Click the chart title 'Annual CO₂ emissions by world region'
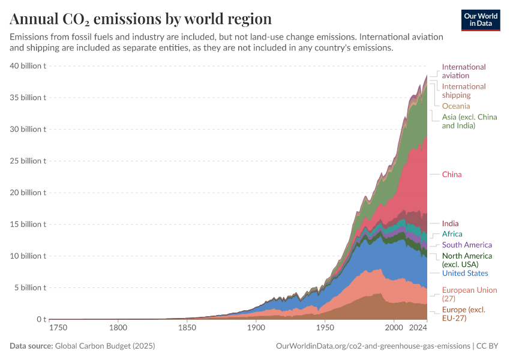[140, 18]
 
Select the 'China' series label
[452, 175]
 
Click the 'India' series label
[450, 224]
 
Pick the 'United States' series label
[465, 274]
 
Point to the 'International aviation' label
[463, 71]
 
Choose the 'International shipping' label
[463, 91]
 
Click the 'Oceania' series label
[456, 106]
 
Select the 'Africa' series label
[452, 234]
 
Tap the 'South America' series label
[467, 245]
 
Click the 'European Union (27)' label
[469, 294]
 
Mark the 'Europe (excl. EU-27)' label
[463, 314]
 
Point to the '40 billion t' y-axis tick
[29, 66]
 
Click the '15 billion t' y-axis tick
[29, 224]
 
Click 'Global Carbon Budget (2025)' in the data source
[105, 346]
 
